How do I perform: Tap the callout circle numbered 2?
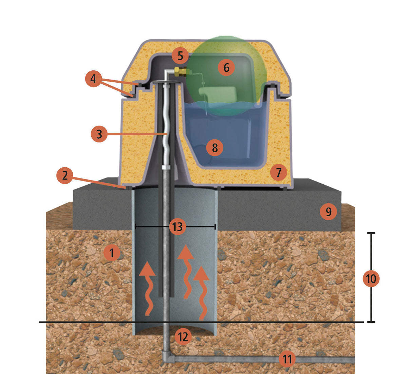(x=65, y=175)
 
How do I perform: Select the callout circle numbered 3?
(x=99, y=134)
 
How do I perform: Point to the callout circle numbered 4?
(x=93, y=79)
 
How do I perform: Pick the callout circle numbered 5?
(x=180, y=55)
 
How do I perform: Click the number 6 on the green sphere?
(x=226, y=67)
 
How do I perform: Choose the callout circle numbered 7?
(x=279, y=172)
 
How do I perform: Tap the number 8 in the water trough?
(x=214, y=148)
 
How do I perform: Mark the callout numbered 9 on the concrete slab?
(x=329, y=211)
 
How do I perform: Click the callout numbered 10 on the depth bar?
(x=371, y=279)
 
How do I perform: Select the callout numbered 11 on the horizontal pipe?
(x=287, y=359)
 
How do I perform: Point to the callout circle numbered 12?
(x=183, y=337)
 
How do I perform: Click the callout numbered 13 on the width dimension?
(x=177, y=226)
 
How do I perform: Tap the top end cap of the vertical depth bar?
(x=371, y=233)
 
